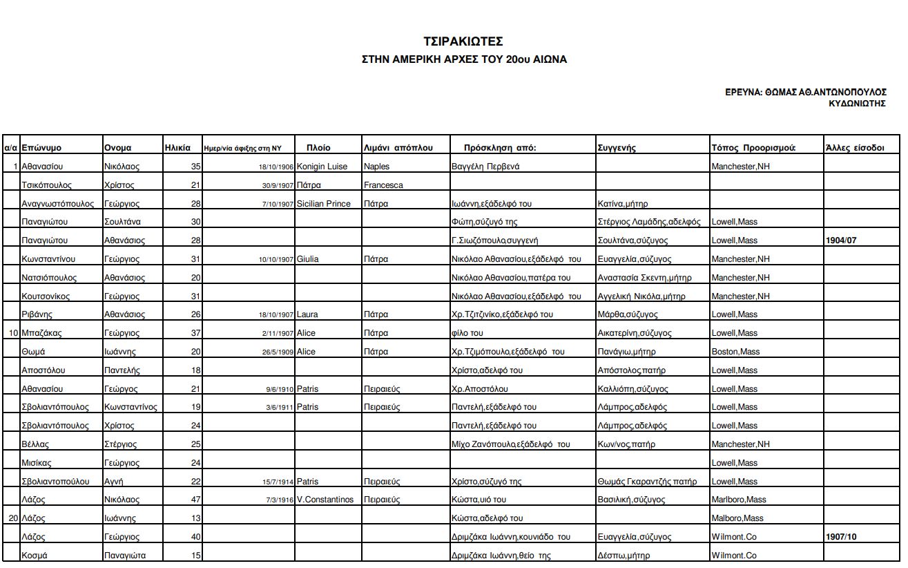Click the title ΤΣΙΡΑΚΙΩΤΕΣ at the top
pos(463,41)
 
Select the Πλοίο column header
pos(318,148)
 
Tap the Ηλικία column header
pos(177,148)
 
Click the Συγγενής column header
pos(616,148)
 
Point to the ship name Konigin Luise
pos(322,167)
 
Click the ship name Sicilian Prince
pos(323,204)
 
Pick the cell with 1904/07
pos(841,240)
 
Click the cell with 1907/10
pos(841,537)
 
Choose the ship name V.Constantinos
pos(325,500)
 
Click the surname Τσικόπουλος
pos(46,185)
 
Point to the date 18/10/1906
pos(276,167)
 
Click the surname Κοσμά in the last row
pos(35,556)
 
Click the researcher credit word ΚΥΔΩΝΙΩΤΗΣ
pos(857,104)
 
